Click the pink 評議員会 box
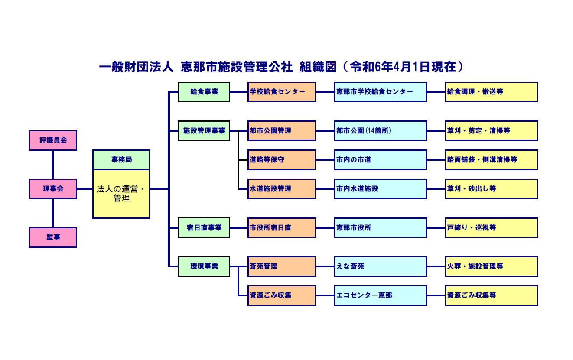[53, 140]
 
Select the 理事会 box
[53, 189]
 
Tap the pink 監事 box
[53, 237]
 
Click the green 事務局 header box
[121, 160]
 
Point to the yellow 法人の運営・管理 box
[121, 194]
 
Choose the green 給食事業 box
[204, 92]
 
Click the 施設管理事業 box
[204, 131]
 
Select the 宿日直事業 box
[204, 228]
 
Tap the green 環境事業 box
[204, 266]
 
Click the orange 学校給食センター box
[282, 92]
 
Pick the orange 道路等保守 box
[282, 160]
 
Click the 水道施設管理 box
[282, 189]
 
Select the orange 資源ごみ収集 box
[282, 295]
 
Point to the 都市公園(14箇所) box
[381, 131]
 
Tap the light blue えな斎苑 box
[381, 266]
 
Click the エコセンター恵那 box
[381, 295]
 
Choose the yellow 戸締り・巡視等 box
[492, 228]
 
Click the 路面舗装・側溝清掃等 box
[492, 160]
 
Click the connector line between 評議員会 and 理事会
[53, 165]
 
